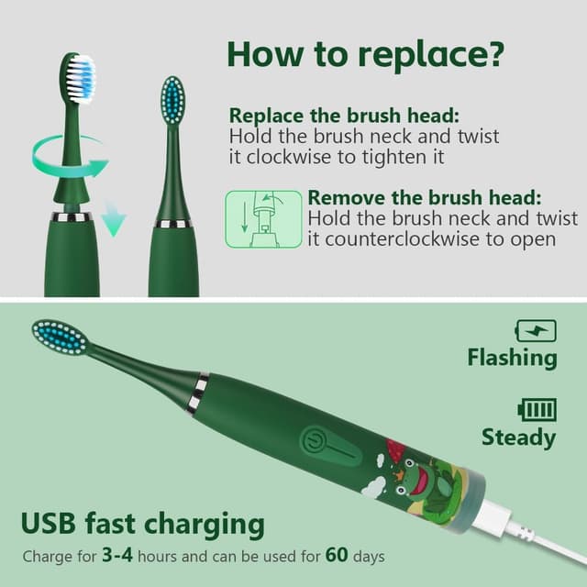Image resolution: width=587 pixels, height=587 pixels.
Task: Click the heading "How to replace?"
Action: coord(366,54)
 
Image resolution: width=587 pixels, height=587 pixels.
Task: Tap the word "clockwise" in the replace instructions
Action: coord(288,157)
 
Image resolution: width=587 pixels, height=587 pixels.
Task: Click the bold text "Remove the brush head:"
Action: coord(425,197)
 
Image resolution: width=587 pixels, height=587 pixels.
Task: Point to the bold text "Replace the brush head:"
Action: coord(344,115)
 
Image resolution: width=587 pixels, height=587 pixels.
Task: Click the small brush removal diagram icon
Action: coord(263,219)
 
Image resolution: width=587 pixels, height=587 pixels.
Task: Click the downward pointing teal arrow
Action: coord(114,220)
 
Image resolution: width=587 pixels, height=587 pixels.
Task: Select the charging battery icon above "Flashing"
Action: coord(536,330)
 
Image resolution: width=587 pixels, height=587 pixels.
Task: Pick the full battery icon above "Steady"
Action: coord(537,410)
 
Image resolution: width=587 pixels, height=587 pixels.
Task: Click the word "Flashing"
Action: coord(512,358)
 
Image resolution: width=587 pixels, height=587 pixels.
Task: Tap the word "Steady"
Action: coord(519,437)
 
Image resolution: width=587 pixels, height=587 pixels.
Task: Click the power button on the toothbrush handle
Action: coord(312,438)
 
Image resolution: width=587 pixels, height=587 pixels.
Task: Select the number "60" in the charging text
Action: coord(337,554)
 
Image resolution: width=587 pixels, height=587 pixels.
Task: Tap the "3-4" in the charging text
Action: coord(117,554)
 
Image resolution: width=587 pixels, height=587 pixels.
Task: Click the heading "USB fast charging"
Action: coord(143,524)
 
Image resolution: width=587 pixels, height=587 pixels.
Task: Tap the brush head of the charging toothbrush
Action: coord(60,338)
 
